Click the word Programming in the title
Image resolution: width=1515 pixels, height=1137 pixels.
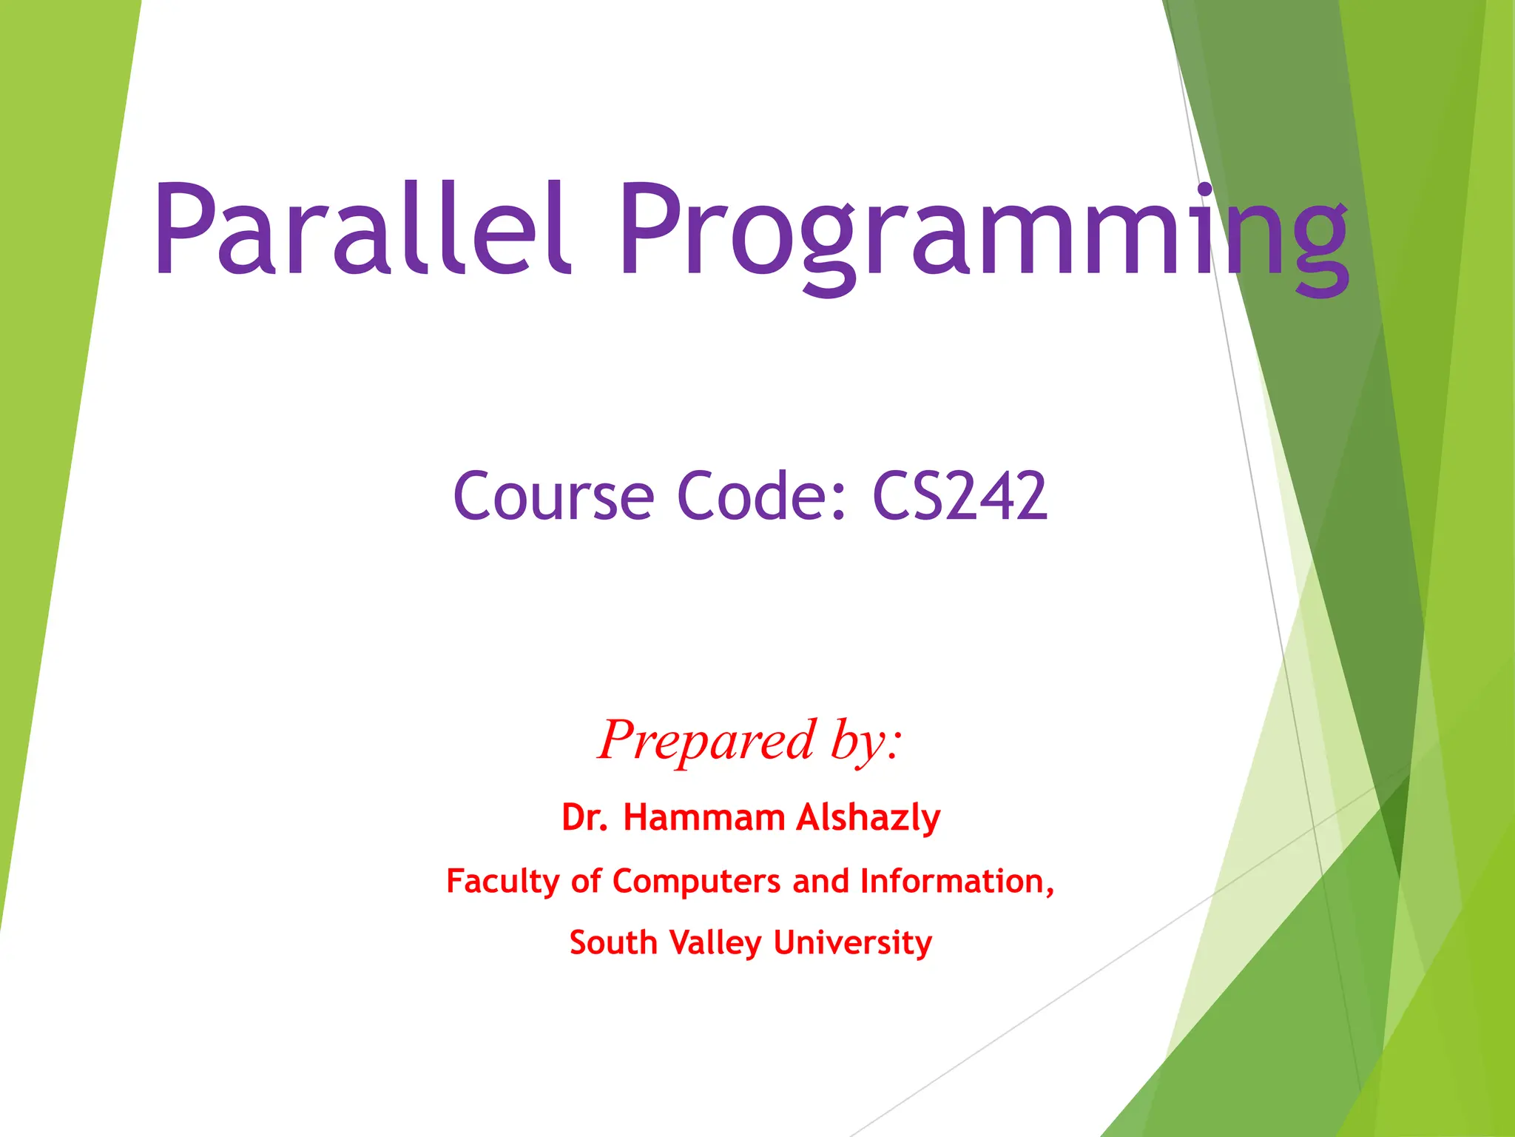(984, 233)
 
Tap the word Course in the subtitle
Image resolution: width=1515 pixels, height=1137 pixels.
(553, 496)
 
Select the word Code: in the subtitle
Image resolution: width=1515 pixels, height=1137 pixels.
(762, 496)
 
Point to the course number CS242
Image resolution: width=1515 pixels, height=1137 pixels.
(960, 496)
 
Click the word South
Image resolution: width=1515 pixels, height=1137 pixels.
(613, 943)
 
